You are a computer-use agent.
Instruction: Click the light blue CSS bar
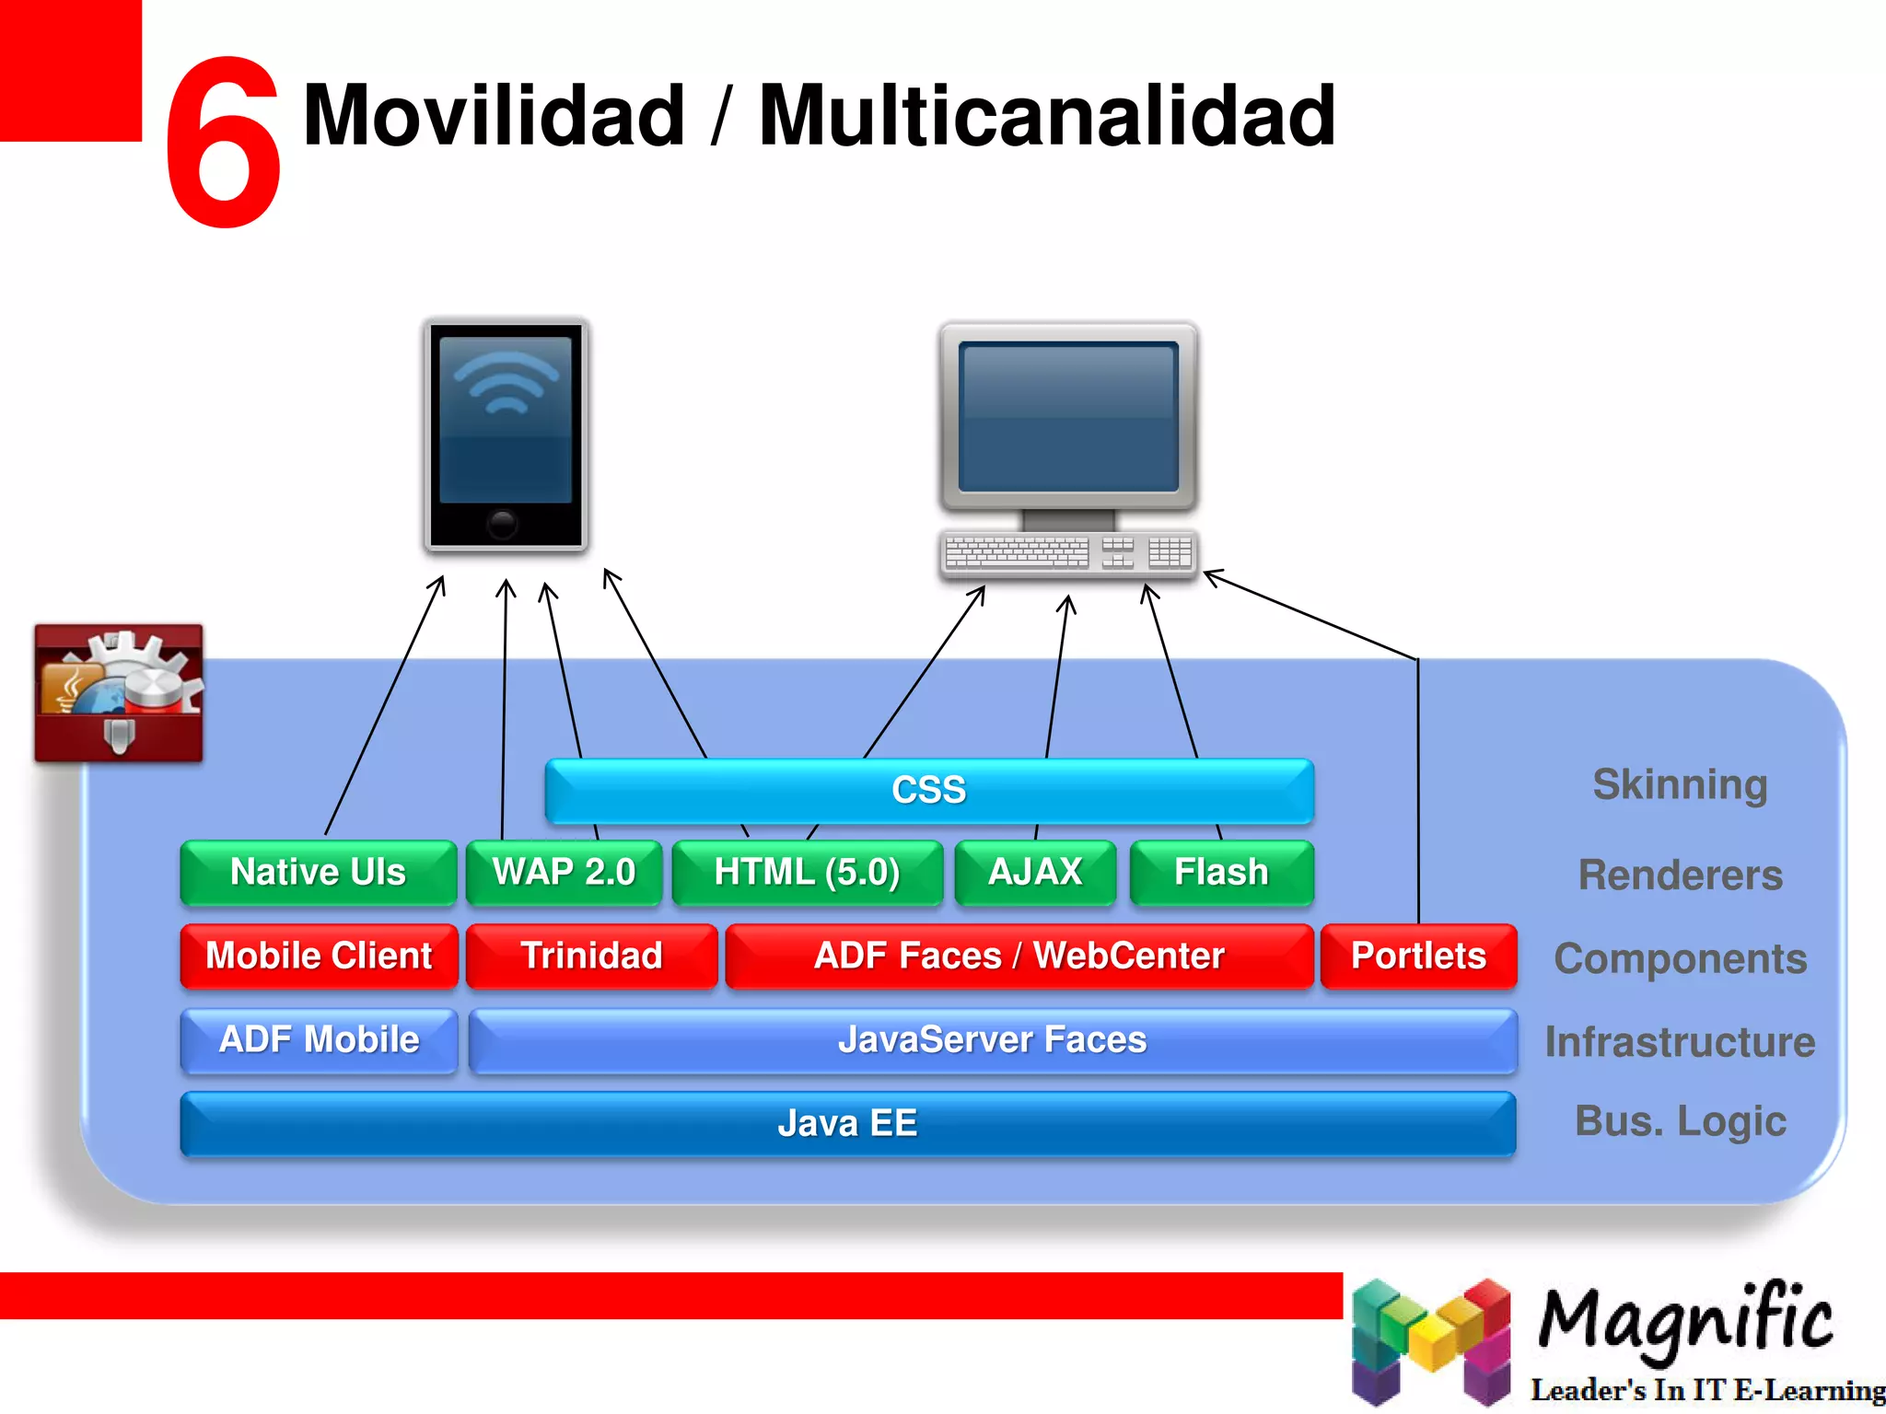click(928, 791)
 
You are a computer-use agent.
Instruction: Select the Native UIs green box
click(318, 872)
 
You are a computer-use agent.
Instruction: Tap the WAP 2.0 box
click(564, 872)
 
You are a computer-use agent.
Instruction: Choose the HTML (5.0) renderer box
click(807, 872)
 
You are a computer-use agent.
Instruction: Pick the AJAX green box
click(1034, 872)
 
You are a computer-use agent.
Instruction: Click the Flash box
click(1221, 872)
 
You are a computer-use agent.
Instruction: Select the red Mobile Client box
click(319, 956)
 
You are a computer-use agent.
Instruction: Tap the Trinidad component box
click(591, 956)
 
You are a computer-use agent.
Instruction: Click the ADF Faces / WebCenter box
click(1019, 956)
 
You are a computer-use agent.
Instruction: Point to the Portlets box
click(1418, 956)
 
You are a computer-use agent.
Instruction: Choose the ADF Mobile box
click(319, 1040)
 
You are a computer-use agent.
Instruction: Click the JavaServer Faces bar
click(992, 1040)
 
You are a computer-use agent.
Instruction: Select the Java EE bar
click(847, 1123)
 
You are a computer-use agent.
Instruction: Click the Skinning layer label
click(1680, 785)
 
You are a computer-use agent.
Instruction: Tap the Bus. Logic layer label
click(1680, 1121)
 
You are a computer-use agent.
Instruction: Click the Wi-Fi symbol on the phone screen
click(506, 382)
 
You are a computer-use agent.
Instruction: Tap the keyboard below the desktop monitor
click(1068, 553)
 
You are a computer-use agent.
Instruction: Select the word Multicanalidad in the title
click(1046, 115)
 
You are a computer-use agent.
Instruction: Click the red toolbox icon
click(119, 693)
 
